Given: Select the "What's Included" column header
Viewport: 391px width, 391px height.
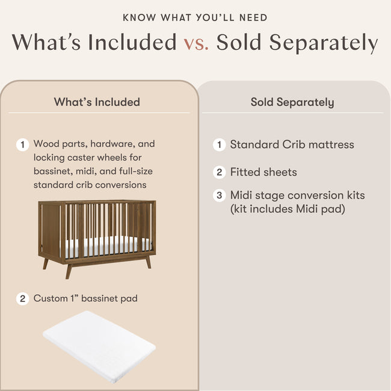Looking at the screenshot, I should click(x=97, y=102).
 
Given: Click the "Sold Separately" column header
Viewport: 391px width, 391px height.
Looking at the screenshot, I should click(x=292, y=102).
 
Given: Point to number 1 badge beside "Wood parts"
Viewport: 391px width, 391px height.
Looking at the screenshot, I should click(x=23, y=145).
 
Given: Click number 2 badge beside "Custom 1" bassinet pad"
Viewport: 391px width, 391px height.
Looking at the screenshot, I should click(x=23, y=298).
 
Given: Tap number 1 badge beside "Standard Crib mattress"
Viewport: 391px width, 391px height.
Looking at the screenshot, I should click(x=220, y=145).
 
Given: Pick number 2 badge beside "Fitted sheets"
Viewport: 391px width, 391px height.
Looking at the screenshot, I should click(x=220, y=173).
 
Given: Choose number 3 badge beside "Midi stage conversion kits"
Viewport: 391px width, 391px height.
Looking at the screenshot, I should click(x=220, y=195).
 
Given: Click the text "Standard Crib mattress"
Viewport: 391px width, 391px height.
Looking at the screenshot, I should click(x=292, y=144).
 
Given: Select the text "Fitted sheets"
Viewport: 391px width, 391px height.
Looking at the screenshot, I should click(x=263, y=172).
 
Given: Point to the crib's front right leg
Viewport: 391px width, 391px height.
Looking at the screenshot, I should click(x=147, y=262).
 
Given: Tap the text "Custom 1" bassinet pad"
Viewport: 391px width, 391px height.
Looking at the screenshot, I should click(x=85, y=298).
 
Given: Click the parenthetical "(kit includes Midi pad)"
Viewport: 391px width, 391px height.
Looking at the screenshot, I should click(x=286, y=209).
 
